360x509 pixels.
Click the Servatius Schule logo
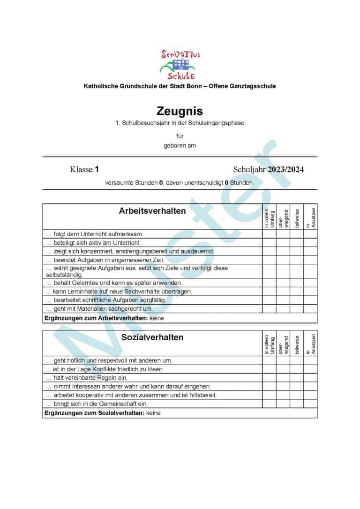point(180,65)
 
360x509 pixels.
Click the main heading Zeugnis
point(180,111)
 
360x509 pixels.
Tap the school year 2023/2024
point(285,170)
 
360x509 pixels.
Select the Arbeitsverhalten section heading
point(152,211)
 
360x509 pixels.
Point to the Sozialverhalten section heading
point(152,337)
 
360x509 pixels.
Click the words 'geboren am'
point(180,145)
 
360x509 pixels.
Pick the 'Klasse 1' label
point(84,170)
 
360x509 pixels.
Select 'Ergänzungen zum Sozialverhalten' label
point(94,413)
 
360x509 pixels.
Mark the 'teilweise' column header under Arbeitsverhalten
point(297,218)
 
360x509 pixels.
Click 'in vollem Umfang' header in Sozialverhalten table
point(269,344)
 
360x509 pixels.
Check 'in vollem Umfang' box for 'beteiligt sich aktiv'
point(269,242)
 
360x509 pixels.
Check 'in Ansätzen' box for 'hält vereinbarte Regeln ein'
point(310,378)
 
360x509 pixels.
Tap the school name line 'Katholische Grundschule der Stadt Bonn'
point(180,86)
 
